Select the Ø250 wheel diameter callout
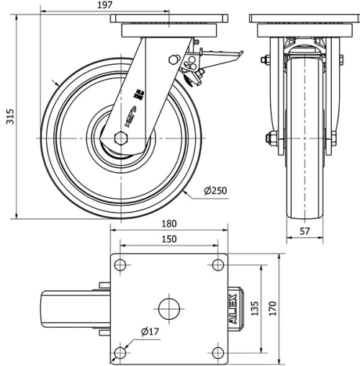tap(217, 190)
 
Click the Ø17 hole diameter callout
tap(150, 331)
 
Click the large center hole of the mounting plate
tap(168, 308)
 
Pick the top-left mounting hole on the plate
tap(120, 265)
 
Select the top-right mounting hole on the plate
tap(217, 265)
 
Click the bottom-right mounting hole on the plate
tap(217, 352)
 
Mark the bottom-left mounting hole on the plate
tap(120, 352)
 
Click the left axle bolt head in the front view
tap(271, 138)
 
